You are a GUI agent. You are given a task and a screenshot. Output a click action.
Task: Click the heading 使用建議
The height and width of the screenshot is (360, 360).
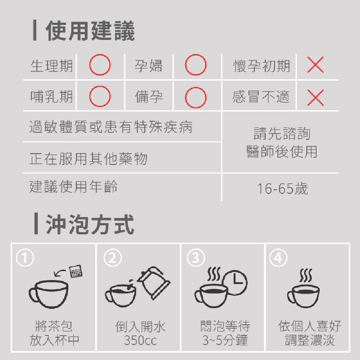point(90,31)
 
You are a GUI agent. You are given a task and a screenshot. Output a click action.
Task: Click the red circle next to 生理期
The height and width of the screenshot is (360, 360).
point(100,65)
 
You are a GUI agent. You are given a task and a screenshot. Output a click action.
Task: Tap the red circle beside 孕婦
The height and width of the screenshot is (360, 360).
point(195,65)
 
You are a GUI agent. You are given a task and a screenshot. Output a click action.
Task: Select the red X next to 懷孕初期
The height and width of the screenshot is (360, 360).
point(316,65)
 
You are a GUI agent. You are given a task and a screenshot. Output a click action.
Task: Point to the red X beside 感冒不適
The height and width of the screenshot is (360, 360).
point(316,97)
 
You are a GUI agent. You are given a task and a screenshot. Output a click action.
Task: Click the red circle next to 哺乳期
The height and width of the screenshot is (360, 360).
point(100,97)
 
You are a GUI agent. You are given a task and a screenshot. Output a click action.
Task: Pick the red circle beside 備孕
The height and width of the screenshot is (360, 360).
point(195,97)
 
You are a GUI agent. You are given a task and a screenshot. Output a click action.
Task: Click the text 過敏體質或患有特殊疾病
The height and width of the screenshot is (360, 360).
point(111,127)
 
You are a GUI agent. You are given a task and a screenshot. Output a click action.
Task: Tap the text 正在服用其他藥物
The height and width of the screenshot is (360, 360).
point(88,158)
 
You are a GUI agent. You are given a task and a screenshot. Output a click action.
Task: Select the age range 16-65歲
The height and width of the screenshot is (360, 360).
point(282,189)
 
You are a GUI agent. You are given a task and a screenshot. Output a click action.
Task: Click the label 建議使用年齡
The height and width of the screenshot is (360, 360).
point(73,186)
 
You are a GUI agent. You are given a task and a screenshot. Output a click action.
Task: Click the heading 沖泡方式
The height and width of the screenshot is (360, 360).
point(90,225)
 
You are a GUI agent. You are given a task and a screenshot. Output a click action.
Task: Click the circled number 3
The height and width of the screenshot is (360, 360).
point(195,258)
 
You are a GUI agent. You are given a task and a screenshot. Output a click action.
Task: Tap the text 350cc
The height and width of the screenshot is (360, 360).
point(140,340)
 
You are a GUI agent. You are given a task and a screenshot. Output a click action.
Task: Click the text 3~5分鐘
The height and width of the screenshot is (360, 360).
point(225,340)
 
